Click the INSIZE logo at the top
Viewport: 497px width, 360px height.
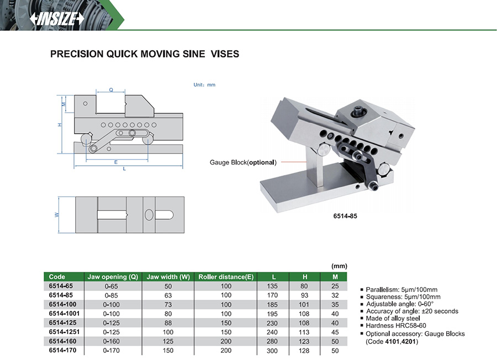point(57,19)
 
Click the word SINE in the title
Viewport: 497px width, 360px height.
point(194,54)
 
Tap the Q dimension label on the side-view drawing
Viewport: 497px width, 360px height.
point(111,89)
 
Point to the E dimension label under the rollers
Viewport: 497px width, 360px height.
point(116,162)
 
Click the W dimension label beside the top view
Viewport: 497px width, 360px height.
point(57,215)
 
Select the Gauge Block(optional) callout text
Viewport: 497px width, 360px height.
point(243,162)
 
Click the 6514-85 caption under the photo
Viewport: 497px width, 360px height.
point(345,216)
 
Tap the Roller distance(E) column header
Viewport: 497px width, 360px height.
point(226,277)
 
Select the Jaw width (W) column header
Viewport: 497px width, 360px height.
point(168,277)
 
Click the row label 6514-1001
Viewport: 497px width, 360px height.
point(65,314)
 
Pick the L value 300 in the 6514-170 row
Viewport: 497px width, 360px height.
point(272,351)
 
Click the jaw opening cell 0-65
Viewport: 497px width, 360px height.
point(111,286)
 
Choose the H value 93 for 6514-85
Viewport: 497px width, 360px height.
point(304,295)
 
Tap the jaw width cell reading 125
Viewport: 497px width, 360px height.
point(168,342)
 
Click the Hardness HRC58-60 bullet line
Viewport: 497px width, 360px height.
point(396,326)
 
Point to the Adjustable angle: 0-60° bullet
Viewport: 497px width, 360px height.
point(400,304)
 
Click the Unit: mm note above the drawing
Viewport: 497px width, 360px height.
point(204,85)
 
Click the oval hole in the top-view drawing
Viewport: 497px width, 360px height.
point(149,215)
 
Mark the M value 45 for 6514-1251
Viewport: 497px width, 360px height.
point(335,332)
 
